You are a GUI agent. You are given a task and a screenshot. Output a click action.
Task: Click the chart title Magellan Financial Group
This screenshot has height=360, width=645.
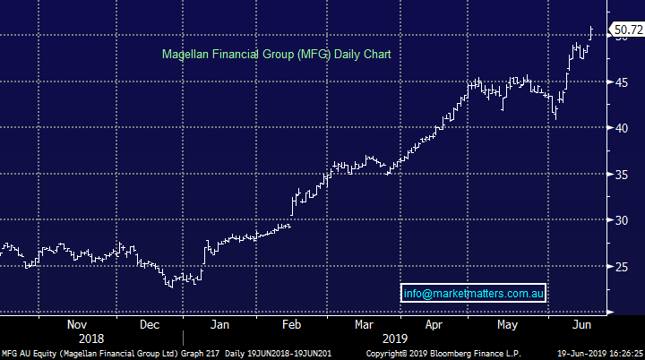276,54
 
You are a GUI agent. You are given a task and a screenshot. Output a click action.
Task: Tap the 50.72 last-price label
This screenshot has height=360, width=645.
626,30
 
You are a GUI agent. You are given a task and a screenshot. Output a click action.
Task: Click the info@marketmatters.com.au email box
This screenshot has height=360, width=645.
475,293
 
